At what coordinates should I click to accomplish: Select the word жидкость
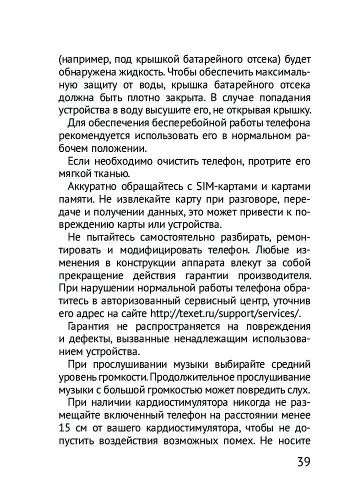129,71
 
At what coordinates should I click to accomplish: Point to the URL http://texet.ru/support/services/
225,313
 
